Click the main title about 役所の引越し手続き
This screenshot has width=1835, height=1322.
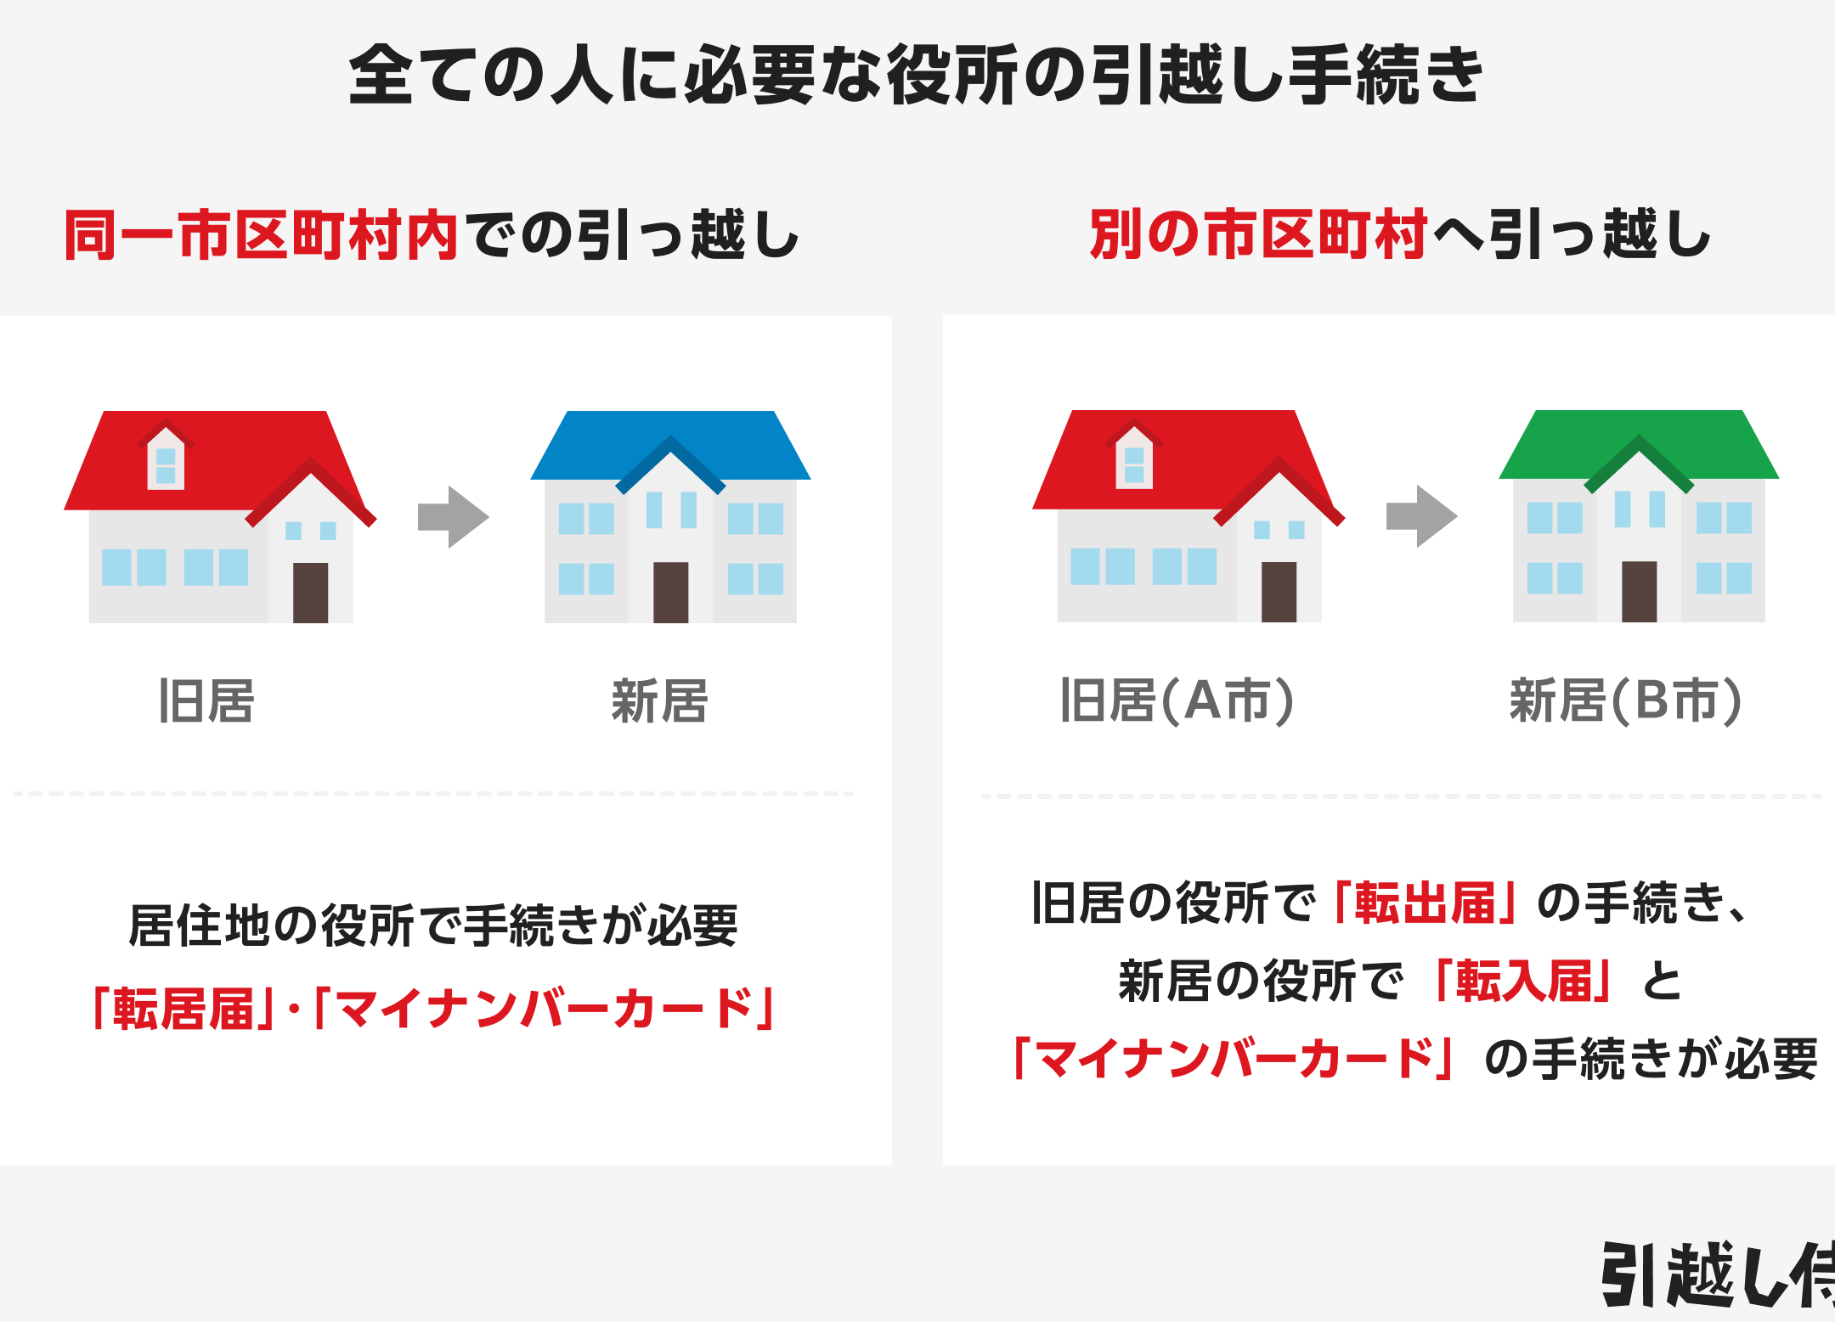click(x=916, y=75)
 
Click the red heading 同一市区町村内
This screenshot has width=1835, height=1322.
click(x=262, y=234)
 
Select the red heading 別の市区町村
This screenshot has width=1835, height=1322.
click(x=1258, y=234)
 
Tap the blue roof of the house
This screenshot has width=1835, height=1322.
click(x=670, y=446)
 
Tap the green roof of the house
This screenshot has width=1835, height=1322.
click(x=1639, y=445)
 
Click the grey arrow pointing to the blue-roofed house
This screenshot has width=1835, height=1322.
click(x=453, y=516)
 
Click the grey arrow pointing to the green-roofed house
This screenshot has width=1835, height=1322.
click(x=1421, y=515)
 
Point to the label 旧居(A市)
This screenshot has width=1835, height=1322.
click(x=1177, y=700)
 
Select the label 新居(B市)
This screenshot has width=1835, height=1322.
click(x=1625, y=700)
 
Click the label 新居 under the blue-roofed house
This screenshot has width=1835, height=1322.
click(x=659, y=701)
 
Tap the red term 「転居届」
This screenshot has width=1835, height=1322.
click(x=183, y=1009)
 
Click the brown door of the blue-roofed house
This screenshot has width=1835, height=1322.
click(x=670, y=592)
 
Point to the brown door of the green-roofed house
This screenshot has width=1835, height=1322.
click(x=1639, y=591)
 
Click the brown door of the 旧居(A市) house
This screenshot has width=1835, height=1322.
click(x=1279, y=592)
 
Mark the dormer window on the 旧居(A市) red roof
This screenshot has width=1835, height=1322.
click(x=1134, y=456)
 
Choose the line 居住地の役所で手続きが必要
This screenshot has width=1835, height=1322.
click(x=433, y=925)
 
